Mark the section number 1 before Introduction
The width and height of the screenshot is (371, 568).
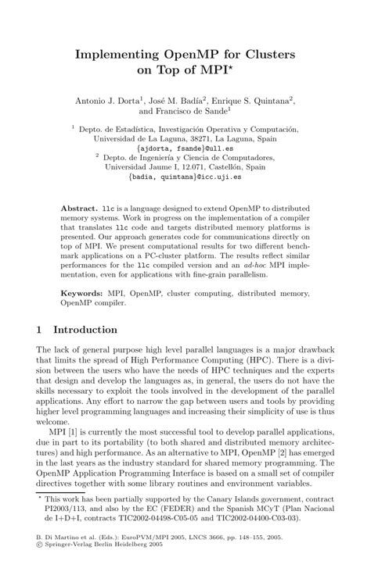click(x=41, y=330)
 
